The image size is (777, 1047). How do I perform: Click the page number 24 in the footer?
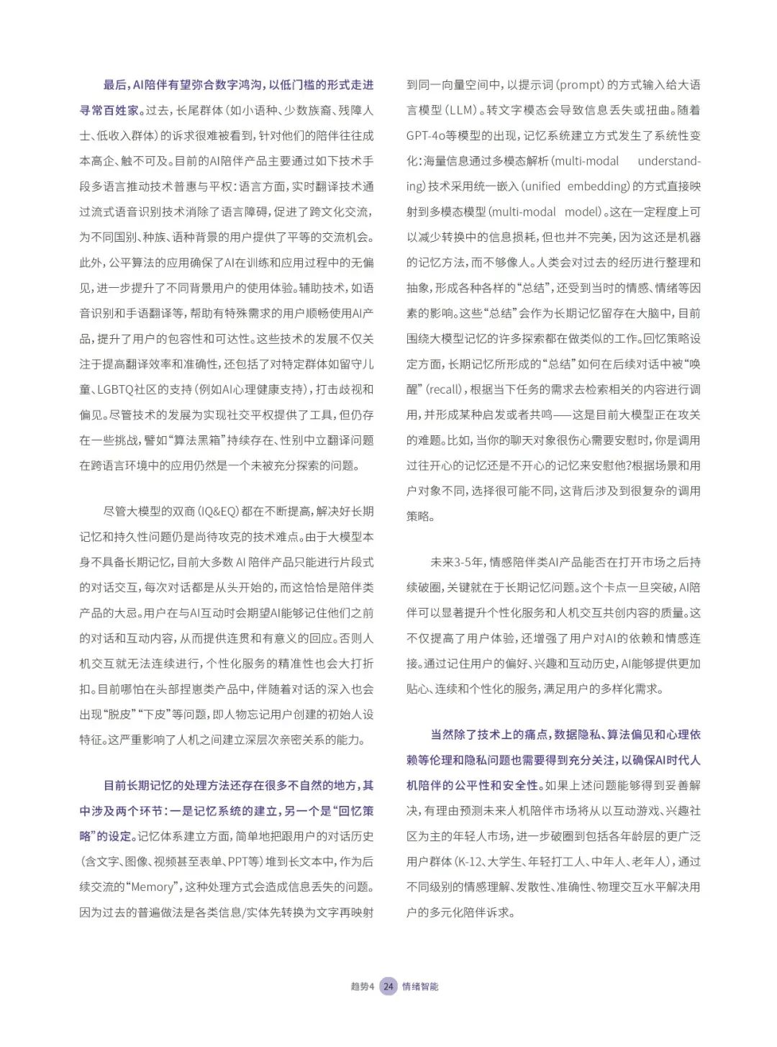(x=388, y=986)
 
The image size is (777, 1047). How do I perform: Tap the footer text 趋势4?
(x=363, y=986)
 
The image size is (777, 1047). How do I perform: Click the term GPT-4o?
(x=430, y=135)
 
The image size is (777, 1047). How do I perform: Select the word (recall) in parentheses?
(x=444, y=389)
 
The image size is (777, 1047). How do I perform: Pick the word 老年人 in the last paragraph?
(x=652, y=861)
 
